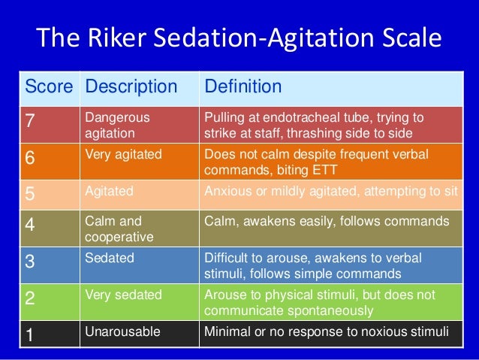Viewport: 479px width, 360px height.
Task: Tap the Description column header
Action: coord(133,87)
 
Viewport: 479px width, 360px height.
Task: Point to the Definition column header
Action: coord(243,87)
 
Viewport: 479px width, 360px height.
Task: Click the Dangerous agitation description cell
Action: coord(117,124)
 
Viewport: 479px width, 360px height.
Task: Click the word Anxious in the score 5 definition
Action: coord(225,191)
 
